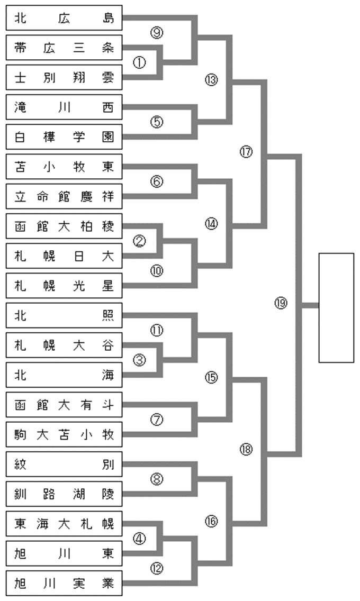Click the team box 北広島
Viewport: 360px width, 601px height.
64,19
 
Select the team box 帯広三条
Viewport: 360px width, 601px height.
64,49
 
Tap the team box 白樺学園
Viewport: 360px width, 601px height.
64,138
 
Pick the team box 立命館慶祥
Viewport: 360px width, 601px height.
64,197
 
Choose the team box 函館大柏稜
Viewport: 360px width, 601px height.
64,227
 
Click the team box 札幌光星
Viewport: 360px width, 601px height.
64,287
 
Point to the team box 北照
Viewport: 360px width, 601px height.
64,317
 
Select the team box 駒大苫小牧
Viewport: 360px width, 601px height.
64,436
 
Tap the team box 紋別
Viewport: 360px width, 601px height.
64,466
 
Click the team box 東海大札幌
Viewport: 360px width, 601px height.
64,526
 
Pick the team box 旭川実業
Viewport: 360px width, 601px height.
64,585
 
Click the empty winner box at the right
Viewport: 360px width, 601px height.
336,307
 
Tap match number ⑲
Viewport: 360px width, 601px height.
281,303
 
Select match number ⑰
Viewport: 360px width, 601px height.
245,152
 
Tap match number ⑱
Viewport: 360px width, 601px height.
245,450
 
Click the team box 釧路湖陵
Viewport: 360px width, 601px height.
64,496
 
